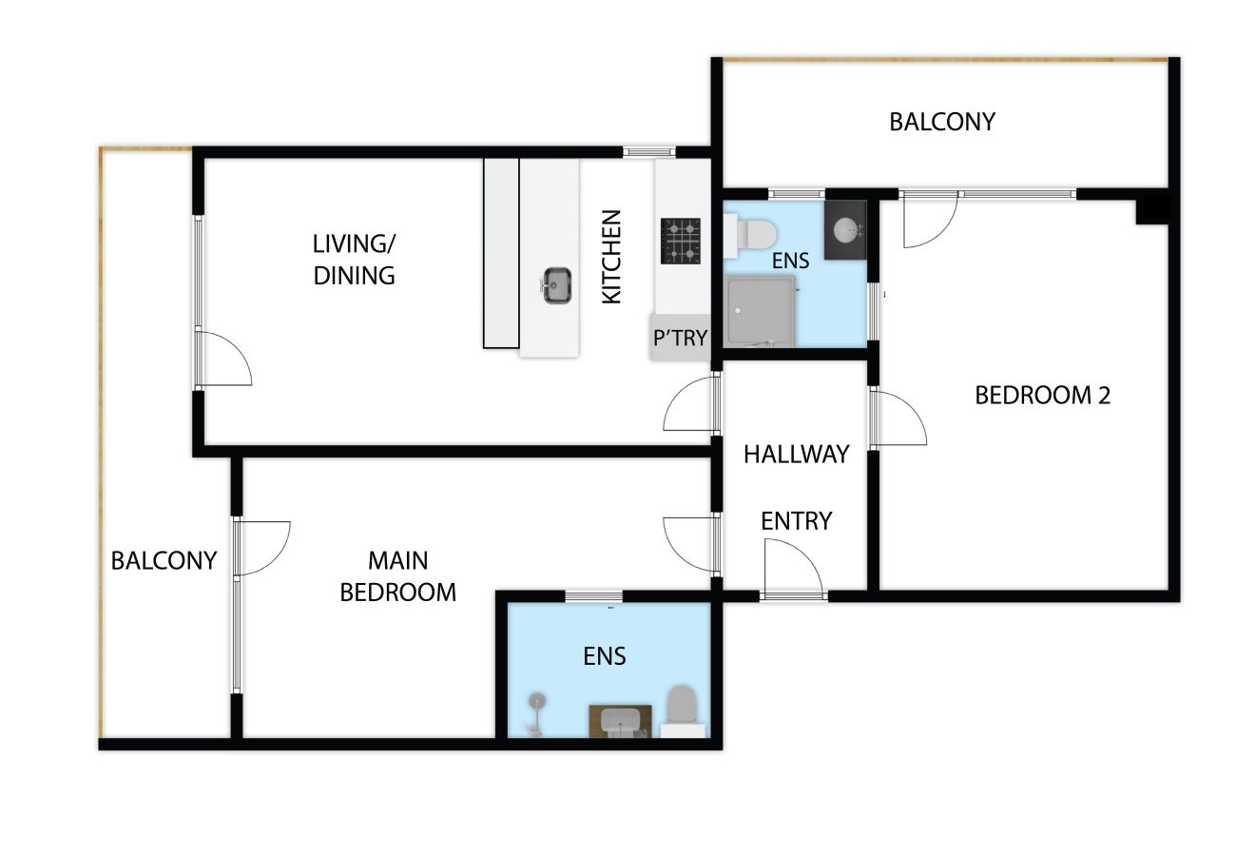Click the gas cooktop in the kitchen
tap(681, 241)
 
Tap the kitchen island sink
tap(557, 284)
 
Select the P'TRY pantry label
tap(680, 338)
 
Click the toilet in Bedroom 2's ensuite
tap(750, 236)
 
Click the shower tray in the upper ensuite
tap(761, 312)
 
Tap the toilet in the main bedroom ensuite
tap(683, 710)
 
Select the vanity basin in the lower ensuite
tap(620, 721)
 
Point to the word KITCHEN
tap(611, 257)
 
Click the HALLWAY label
tap(796, 455)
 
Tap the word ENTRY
tap(796, 521)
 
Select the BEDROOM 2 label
tap(1042, 395)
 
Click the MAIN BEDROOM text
tap(397, 576)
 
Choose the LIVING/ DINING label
tap(355, 260)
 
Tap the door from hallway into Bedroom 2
tap(898, 418)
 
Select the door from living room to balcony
tap(222, 359)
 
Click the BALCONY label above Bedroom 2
tap(942, 122)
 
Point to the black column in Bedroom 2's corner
tap(1152, 210)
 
